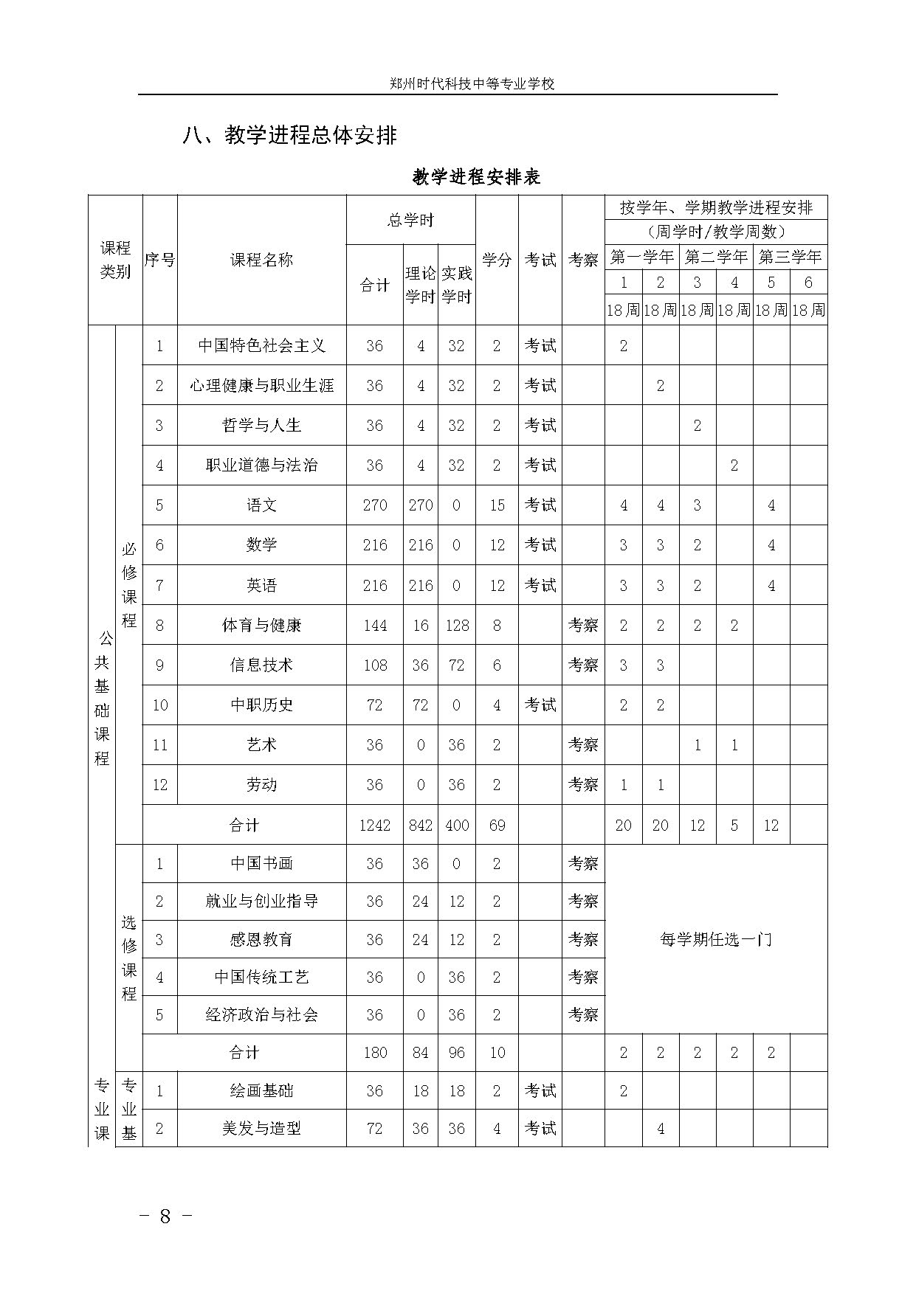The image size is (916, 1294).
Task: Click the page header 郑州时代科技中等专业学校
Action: tap(472, 83)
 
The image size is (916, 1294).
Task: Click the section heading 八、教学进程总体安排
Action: tap(290, 136)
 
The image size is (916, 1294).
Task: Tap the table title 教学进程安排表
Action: tap(477, 177)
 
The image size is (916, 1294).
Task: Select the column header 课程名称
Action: tap(261, 260)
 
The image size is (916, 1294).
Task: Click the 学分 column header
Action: tap(497, 260)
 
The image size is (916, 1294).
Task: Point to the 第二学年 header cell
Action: tap(715, 257)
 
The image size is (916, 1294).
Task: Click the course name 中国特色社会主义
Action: tap(261, 345)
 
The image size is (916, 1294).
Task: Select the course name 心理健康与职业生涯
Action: tap(261, 385)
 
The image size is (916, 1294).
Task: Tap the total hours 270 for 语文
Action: tap(374, 505)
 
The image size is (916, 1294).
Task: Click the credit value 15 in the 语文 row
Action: tap(497, 505)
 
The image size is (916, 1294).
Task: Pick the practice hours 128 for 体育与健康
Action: tap(456, 626)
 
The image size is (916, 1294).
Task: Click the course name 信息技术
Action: tap(261, 665)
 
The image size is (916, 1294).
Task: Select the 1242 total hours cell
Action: tap(374, 825)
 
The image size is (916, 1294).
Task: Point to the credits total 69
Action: tap(497, 825)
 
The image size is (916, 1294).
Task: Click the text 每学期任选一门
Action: tap(715, 939)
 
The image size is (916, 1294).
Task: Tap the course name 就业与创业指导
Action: tap(261, 901)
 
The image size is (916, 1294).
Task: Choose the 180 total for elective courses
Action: tap(374, 1053)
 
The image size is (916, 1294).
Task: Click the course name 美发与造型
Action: tap(261, 1128)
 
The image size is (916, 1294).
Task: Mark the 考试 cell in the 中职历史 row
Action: tap(540, 705)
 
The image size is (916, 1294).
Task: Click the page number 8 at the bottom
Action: tap(165, 1216)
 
